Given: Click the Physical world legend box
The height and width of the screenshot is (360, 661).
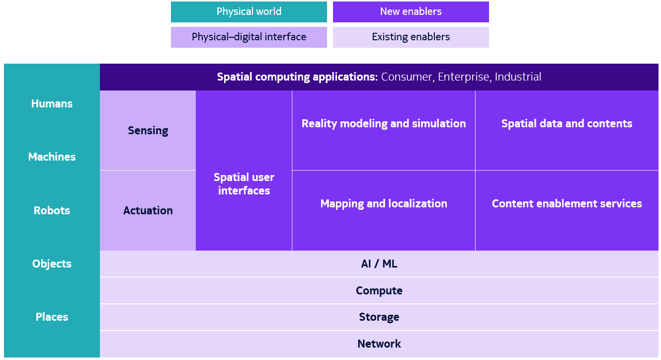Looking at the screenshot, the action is [249, 12].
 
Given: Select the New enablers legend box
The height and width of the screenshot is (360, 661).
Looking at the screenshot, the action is [411, 12].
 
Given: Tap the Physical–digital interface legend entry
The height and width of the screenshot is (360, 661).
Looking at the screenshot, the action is [249, 37].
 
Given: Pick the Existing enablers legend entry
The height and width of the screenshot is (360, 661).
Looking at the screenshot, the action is [411, 37].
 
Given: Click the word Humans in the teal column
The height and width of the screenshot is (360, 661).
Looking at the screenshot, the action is [52, 103].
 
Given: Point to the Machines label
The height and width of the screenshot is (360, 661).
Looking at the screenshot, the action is [52, 157].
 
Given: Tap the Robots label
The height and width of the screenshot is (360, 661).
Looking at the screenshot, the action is [52, 210].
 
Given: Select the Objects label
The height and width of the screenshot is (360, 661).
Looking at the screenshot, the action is [52, 264].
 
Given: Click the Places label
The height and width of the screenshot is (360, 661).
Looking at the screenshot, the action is [52, 317].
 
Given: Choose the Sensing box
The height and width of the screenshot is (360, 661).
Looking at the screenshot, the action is [148, 131].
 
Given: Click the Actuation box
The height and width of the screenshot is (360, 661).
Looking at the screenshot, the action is [148, 210].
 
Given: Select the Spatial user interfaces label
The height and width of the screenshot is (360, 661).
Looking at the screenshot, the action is [244, 184].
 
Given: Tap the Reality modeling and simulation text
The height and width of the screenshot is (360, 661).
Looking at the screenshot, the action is [384, 124].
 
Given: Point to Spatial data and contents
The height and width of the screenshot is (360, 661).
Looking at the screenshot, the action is [567, 124].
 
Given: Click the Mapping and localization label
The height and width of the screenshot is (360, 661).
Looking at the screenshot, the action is [384, 204].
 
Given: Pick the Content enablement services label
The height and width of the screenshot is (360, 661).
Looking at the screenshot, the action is [567, 204].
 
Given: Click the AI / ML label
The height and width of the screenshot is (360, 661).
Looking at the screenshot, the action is [379, 264].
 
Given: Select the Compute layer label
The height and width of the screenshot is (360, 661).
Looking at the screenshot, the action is [379, 291].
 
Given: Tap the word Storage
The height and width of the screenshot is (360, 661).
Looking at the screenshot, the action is [379, 317].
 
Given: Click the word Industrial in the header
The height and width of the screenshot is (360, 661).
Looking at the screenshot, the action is [518, 77].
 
